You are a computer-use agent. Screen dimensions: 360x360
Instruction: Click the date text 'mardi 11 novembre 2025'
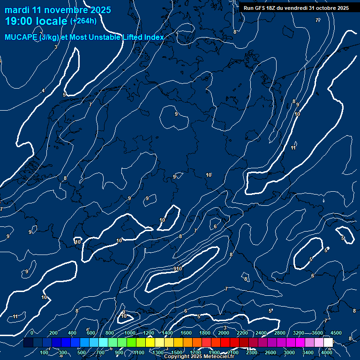pyautogui.click(x=58, y=10)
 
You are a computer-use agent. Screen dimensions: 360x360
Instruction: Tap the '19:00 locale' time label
pyautogui.click(x=36, y=21)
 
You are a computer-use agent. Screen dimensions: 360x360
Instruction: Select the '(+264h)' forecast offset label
pyautogui.click(x=83, y=21)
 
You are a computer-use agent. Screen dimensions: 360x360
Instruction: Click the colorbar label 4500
pyautogui.click(x=336, y=333)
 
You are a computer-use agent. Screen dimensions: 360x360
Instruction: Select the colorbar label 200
pyautogui.click(x=53, y=333)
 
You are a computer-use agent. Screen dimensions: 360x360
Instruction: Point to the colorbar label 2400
pyautogui.click(x=261, y=333)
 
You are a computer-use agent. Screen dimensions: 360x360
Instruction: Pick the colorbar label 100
pyautogui.click(x=45, y=352)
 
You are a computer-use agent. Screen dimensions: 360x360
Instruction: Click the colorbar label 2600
pyautogui.click(x=270, y=352)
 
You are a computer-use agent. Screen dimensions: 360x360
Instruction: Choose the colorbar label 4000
pyautogui.click(x=327, y=352)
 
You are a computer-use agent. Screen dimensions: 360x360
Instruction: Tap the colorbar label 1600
pyautogui.click(x=186, y=333)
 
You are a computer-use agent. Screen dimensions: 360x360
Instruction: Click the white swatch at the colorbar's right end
pyautogui.click(x=329, y=343)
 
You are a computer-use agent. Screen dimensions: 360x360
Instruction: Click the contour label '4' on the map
pyautogui.click(x=43, y=90)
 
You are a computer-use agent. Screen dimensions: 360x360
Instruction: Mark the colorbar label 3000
pyautogui.click(x=289, y=352)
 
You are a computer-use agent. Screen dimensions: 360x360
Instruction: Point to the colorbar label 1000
pyautogui.click(x=129, y=333)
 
